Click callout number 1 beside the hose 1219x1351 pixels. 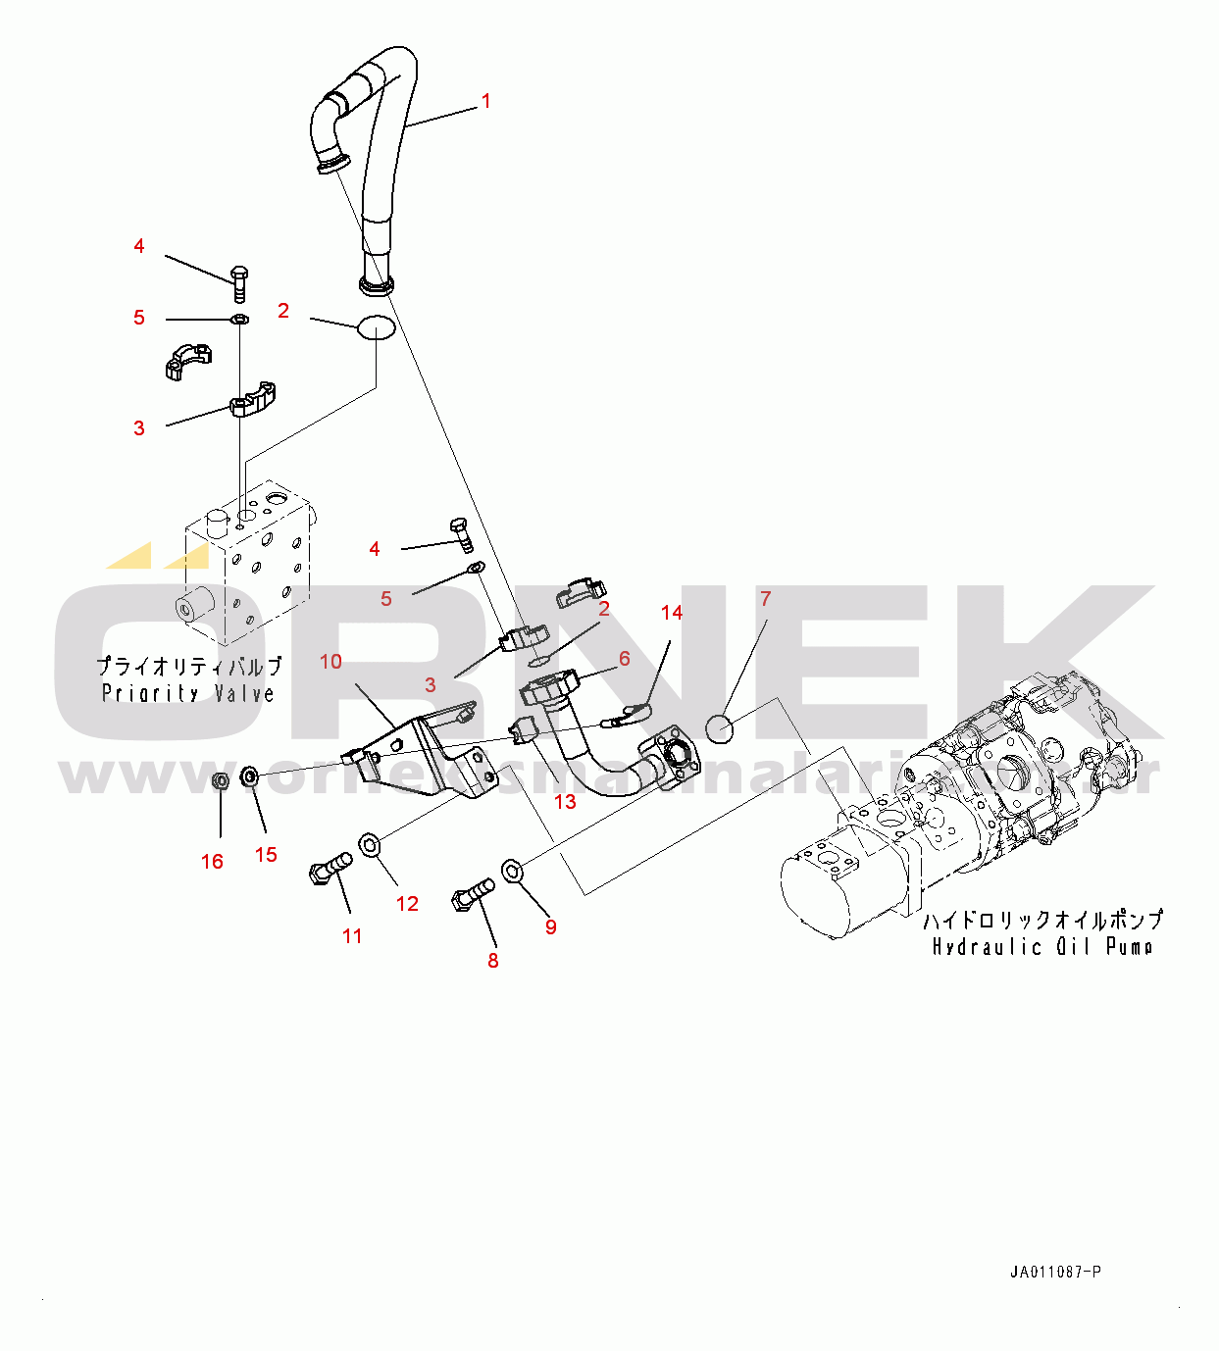(485, 101)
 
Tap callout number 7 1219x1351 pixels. (766, 598)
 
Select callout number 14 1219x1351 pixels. (671, 613)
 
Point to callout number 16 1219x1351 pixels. (212, 861)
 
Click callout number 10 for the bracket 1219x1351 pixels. (330, 662)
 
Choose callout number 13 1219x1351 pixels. (565, 802)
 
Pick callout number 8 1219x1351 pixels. (492, 961)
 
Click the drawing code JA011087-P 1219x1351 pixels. (1055, 1273)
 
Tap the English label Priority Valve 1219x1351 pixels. (188, 693)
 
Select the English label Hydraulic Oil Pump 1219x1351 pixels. (1041, 946)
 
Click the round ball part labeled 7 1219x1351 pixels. (720, 728)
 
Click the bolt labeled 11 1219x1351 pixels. (330, 868)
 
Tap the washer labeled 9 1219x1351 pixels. (513, 870)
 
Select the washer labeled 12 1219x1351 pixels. (371, 843)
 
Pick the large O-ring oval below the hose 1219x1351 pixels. (376, 327)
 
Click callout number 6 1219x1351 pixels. (624, 659)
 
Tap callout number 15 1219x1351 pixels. (266, 855)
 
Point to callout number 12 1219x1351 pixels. (407, 904)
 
